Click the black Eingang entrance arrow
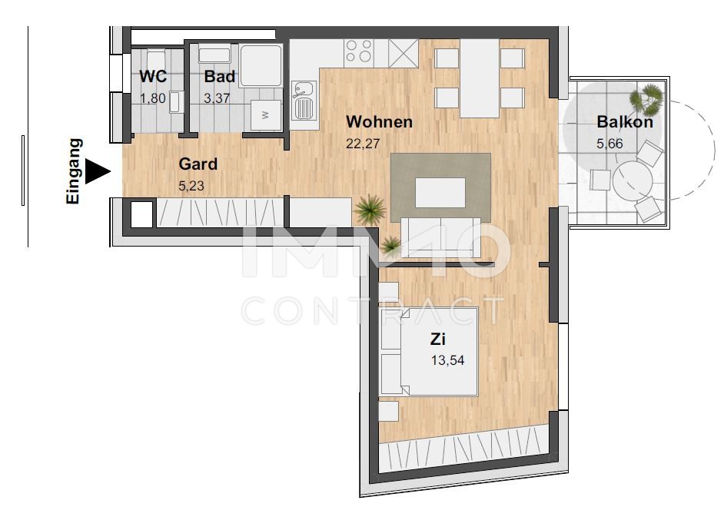tap(97, 171)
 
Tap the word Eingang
tap(75, 171)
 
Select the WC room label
tap(152, 77)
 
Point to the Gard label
tap(198, 164)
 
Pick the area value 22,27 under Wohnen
tap(363, 142)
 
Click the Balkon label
tap(625, 121)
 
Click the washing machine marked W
tap(267, 114)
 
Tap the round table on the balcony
tap(632, 181)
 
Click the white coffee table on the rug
tap(440, 192)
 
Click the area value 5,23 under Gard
tap(191, 185)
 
